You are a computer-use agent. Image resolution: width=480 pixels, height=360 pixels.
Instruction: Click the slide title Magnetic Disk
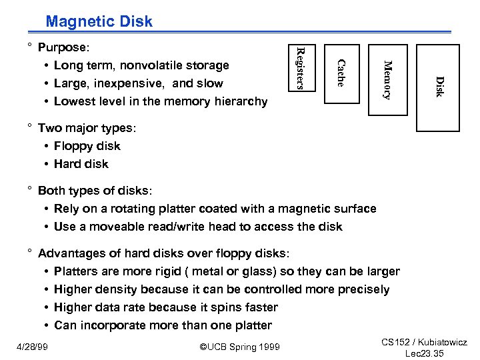[99, 21]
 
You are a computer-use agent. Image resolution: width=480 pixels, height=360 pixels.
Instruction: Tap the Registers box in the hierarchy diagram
[299, 67]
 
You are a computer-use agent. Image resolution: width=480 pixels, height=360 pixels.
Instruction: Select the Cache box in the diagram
[341, 73]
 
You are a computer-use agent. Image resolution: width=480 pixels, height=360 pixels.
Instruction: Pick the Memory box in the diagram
[387, 79]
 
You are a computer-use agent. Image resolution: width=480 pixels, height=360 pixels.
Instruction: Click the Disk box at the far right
[438, 87]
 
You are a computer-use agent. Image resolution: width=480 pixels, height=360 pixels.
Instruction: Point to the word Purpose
[63, 47]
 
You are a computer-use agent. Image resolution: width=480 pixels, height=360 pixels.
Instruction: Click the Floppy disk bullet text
[87, 146]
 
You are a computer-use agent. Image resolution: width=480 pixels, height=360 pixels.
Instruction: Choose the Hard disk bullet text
[81, 164]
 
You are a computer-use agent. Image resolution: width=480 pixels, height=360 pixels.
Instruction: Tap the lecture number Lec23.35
[424, 353]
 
